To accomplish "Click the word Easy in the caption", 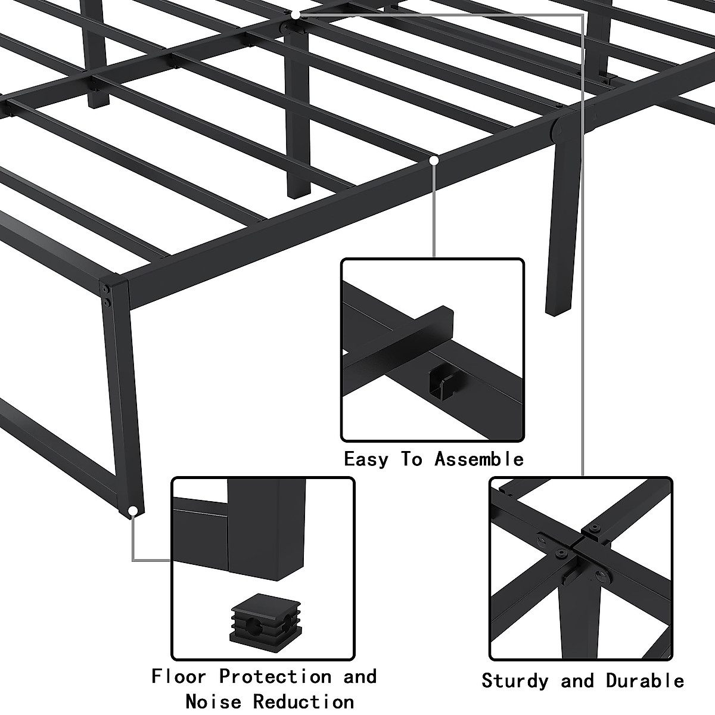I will pos(365,459).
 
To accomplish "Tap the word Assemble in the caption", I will pos(478,459).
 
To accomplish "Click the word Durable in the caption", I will pos(645,680).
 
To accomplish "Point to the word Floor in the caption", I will pos(178,677).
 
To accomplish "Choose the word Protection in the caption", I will pos(275,677).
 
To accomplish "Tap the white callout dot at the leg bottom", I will pos(133,511).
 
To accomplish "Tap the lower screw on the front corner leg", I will pos(107,303).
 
